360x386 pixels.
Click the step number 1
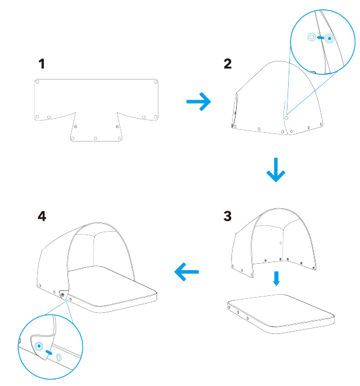pos(42,64)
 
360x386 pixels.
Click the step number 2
pos(227,64)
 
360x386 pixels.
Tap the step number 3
pos(227,216)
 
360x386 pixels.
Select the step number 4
pos(42,216)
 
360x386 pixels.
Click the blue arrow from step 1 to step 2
pos(199,102)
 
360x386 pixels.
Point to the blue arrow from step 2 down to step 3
pos(276,170)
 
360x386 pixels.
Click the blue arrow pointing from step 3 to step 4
pos(186,272)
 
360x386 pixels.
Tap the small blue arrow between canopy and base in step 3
pos(276,278)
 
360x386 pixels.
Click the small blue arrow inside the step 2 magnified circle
pos(320,37)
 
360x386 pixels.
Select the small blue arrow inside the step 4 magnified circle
pos(49,353)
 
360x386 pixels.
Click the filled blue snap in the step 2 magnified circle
pos(329,39)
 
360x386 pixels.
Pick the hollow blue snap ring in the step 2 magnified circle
pos(311,37)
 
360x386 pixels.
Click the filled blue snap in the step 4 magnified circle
pos(39,346)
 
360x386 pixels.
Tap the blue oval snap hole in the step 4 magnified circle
pos(59,357)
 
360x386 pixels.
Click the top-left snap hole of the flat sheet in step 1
pos(37,82)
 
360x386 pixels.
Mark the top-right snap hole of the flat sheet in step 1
pos(155,82)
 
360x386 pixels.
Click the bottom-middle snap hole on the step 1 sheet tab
pos(95,139)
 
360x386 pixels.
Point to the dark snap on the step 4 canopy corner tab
pos(63,295)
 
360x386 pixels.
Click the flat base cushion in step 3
pos(281,314)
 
